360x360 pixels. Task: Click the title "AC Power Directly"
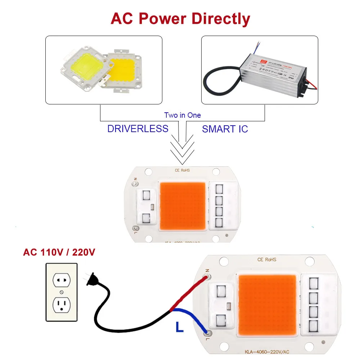(x=180, y=18)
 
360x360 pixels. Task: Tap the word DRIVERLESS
(x=138, y=129)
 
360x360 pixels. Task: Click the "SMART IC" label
(x=225, y=129)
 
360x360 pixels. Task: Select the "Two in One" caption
(x=183, y=115)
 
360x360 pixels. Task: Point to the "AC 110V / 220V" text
(x=59, y=252)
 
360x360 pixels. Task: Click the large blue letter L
(x=179, y=327)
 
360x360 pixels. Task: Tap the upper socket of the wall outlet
(x=61, y=279)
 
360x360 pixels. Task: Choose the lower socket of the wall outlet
(x=61, y=305)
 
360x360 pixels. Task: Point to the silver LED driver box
(x=274, y=70)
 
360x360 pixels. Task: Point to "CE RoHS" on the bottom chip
(x=267, y=259)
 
